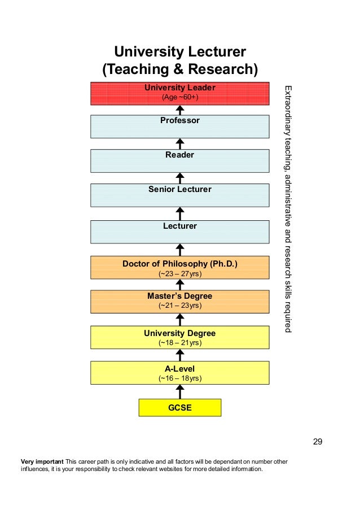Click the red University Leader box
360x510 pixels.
pos(179,93)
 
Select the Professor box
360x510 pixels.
pos(179,127)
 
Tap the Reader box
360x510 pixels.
pos(179,160)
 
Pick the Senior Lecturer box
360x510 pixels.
pos(179,195)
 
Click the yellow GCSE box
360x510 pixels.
pos(179,408)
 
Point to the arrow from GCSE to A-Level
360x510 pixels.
pos(179,391)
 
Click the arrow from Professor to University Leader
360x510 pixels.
pos(179,110)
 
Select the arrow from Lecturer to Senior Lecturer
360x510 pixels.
pos(179,213)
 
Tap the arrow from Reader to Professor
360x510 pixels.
pos(179,144)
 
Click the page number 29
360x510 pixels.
pos(318,441)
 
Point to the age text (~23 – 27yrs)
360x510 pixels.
pos(180,274)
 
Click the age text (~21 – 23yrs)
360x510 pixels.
pos(180,306)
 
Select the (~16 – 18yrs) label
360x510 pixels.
pos(180,378)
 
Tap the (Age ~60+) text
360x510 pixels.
pos(180,97)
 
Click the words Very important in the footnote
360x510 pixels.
pos(42,461)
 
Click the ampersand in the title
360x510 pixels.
pos(178,69)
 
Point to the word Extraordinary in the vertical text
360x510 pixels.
pos(288,111)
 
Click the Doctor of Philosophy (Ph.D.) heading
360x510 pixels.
pos(180,264)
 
